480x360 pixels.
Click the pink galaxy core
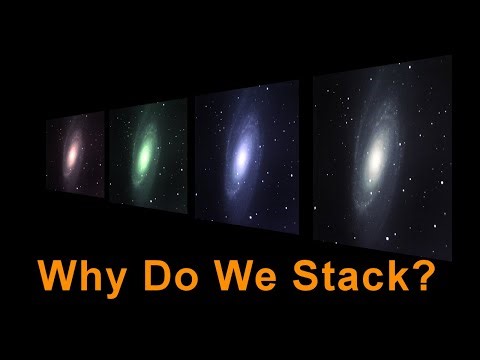click(x=73, y=152)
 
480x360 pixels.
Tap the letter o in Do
click(x=184, y=279)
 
